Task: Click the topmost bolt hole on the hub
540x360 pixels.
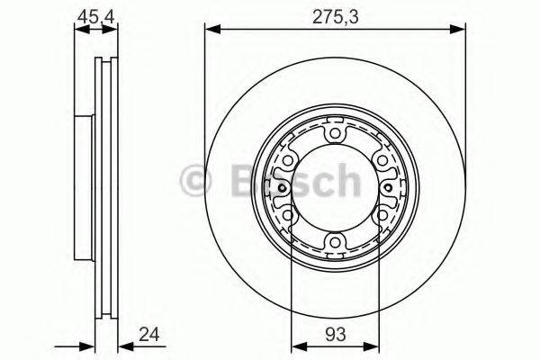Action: point(336,135)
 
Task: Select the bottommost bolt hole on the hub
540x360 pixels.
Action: point(336,241)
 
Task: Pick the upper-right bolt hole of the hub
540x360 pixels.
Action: point(382,161)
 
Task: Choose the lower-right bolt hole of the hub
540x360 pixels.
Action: point(382,215)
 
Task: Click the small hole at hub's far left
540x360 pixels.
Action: point(282,188)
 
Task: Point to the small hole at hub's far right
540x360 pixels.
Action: point(389,188)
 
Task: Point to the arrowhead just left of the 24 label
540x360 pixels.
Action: point(124,345)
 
